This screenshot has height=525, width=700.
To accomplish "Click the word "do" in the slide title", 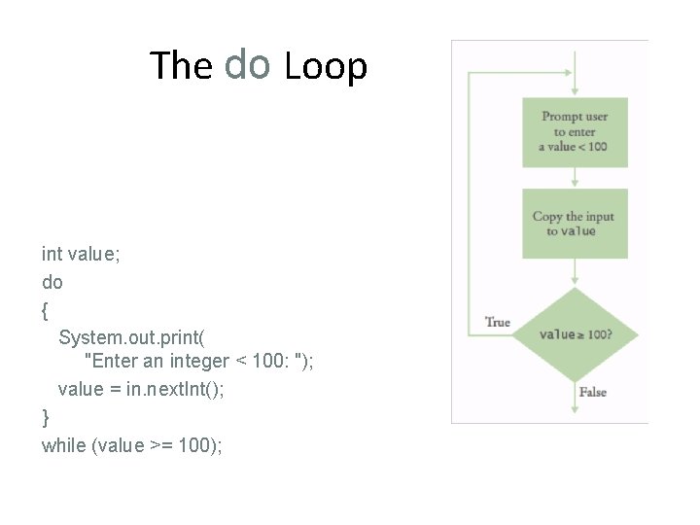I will click(246, 64).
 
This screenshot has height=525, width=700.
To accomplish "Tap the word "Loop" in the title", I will click(326, 66).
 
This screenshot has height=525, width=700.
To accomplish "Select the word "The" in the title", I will click(181, 66).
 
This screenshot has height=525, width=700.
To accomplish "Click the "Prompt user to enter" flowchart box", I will click(575, 132).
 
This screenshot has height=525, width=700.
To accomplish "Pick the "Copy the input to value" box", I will click(575, 224).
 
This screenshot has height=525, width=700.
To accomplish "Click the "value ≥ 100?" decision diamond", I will click(575, 334).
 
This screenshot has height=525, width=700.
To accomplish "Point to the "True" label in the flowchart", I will click(497, 322).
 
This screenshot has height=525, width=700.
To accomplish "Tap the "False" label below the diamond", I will click(592, 392).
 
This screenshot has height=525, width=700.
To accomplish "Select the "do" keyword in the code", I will click(52, 282).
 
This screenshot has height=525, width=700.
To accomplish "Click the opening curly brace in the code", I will click(46, 309).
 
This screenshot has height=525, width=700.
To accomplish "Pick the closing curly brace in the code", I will click(46, 417).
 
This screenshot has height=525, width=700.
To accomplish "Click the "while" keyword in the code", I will click(63, 445).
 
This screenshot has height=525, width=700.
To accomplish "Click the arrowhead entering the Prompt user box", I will click(575, 91).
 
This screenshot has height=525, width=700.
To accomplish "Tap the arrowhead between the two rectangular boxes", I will click(575, 181).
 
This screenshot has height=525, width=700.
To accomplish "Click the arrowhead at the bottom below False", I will click(575, 409).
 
